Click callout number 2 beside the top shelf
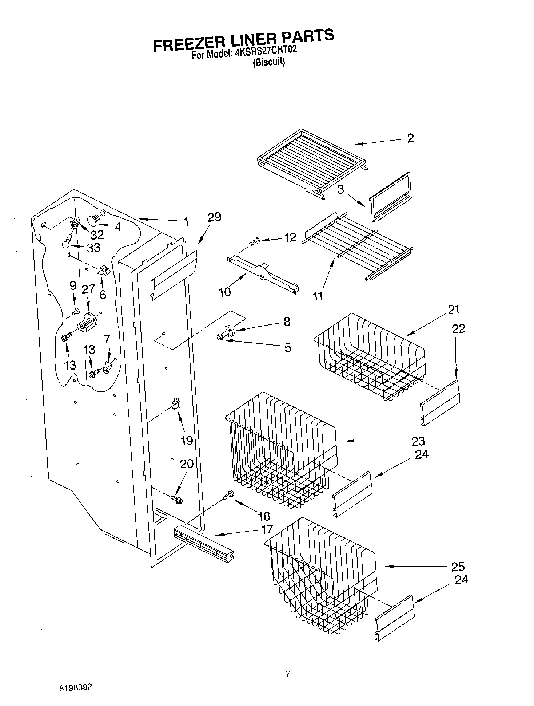[x=410, y=138]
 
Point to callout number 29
[x=214, y=217]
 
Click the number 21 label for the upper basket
[x=454, y=309]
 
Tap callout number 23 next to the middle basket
[x=418, y=441]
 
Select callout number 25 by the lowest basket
[x=458, y=567]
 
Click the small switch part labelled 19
[x=175, y=404]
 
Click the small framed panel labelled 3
[x=390, y=197]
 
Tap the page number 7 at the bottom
[x=288, y=673]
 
